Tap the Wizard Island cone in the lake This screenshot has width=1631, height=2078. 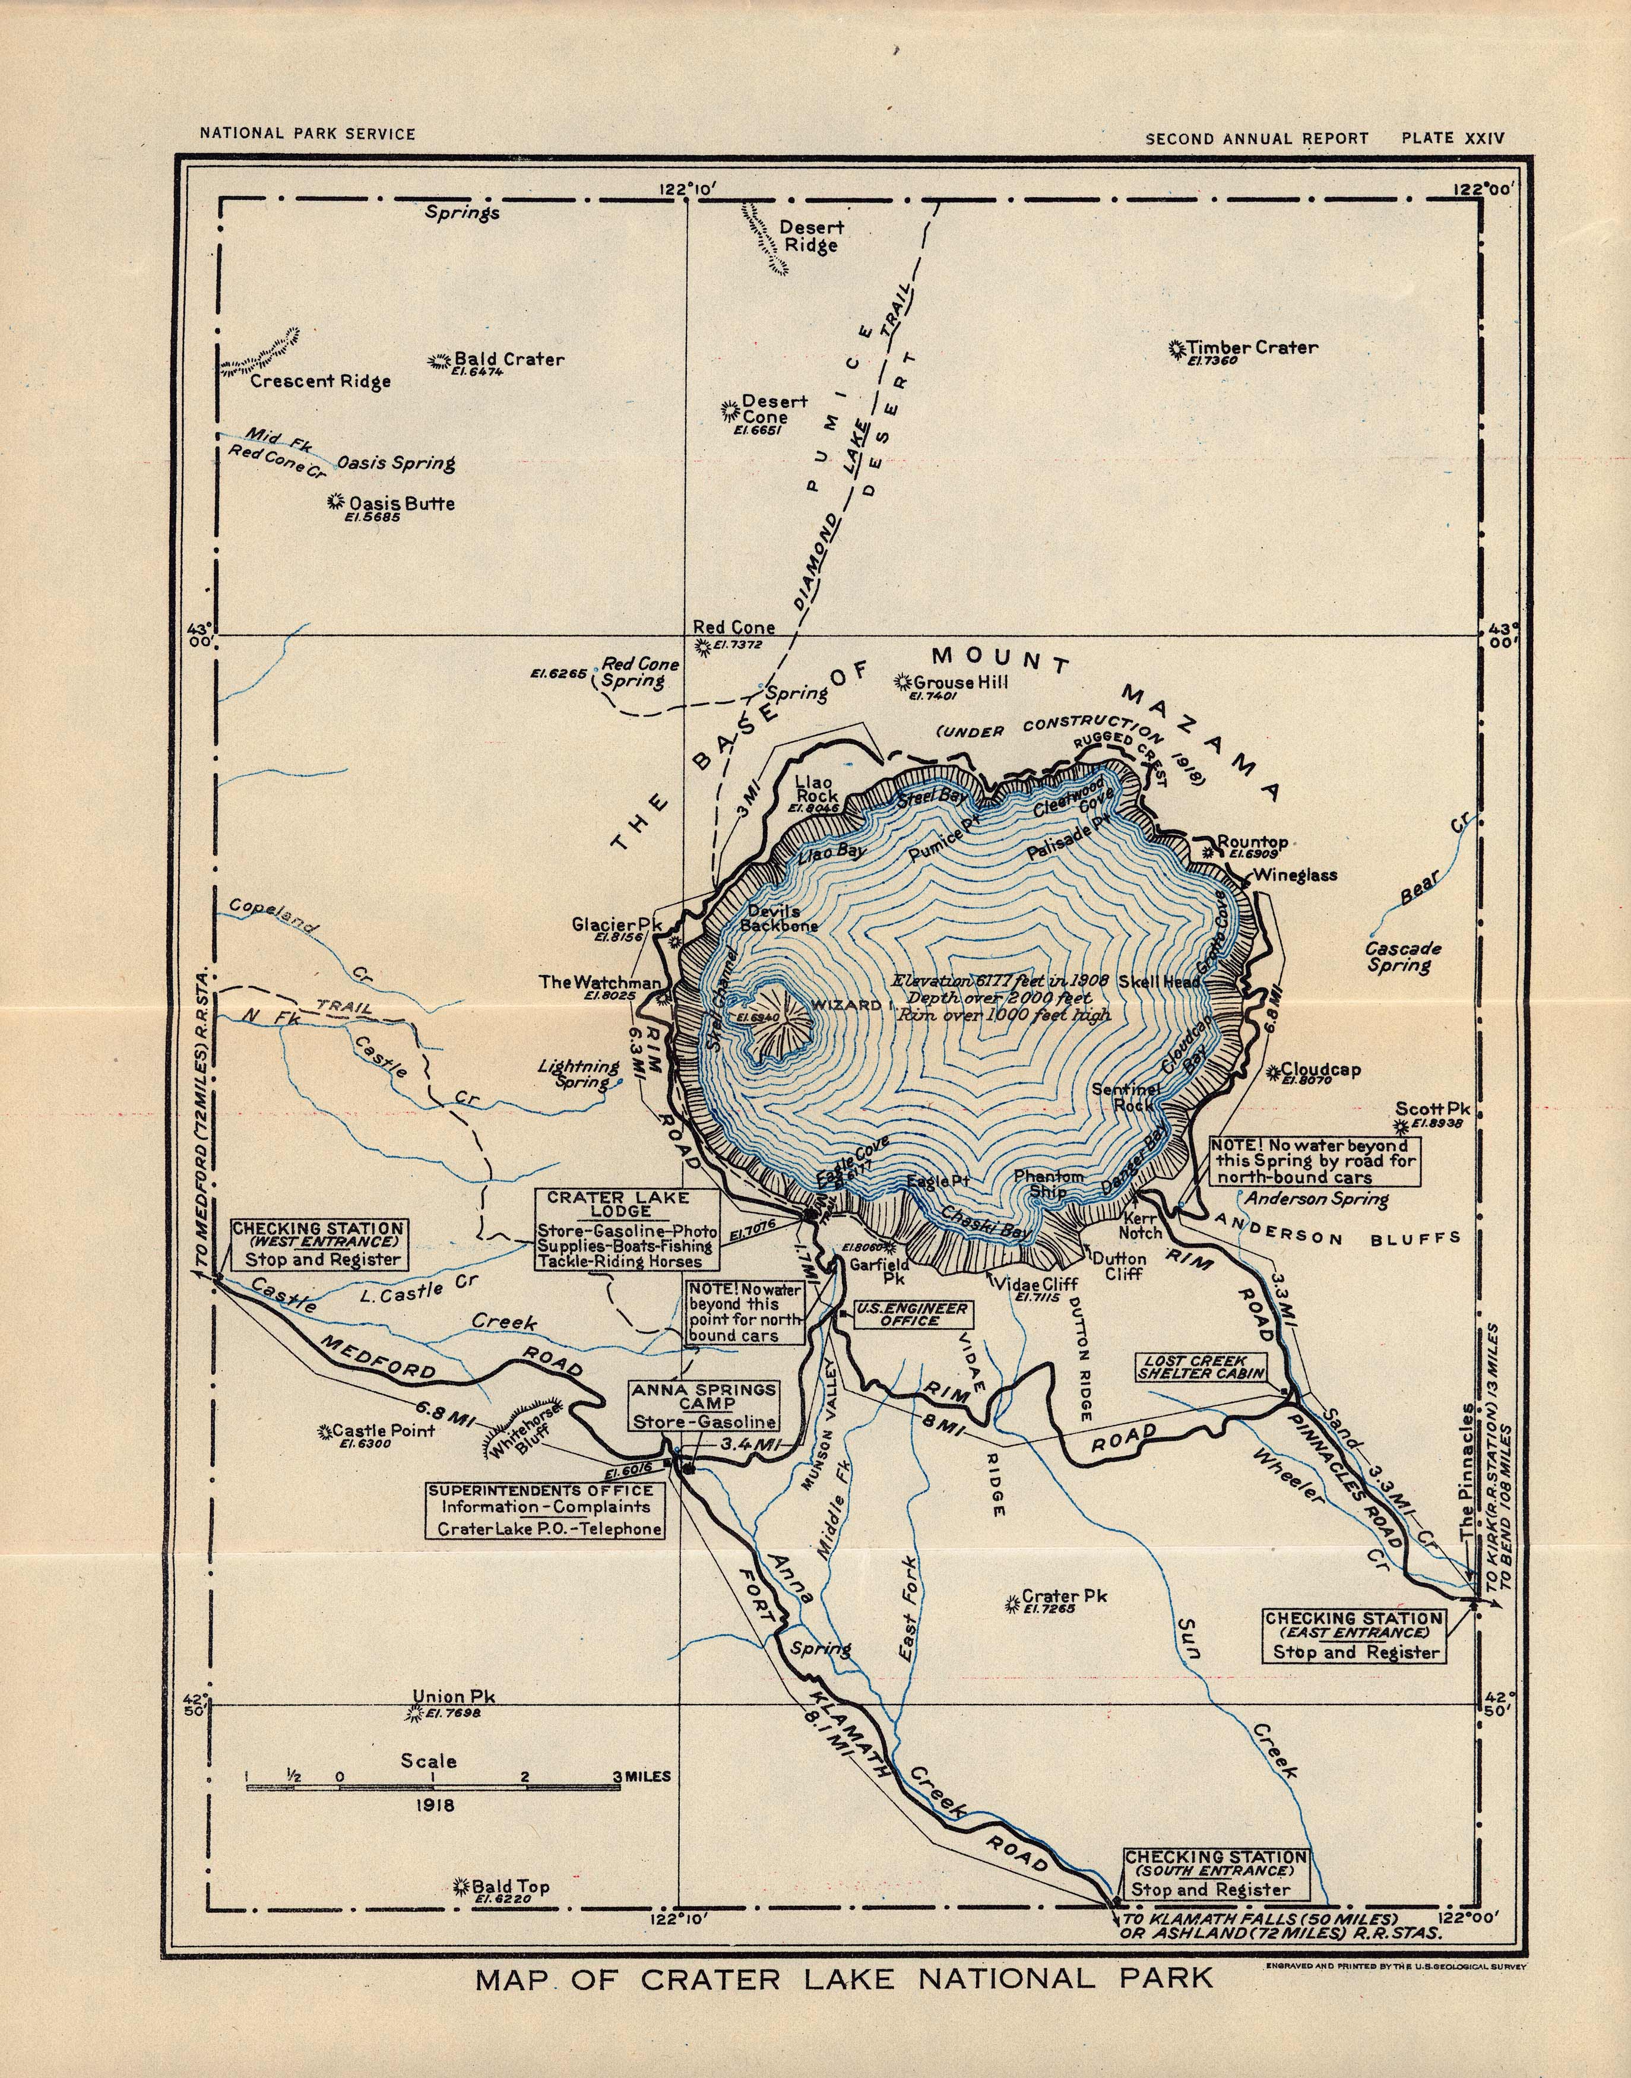click(x=778, y=1022)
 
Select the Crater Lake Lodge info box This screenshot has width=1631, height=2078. click(x=625, y=1229)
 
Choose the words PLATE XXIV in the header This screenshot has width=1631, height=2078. click(x=1452, y=138)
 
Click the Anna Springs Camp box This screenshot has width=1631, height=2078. click(x=704, y=1406)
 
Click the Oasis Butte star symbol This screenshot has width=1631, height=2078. click(x=335, y=501)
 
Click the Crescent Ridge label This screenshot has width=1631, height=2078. click(x=320, y=381)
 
